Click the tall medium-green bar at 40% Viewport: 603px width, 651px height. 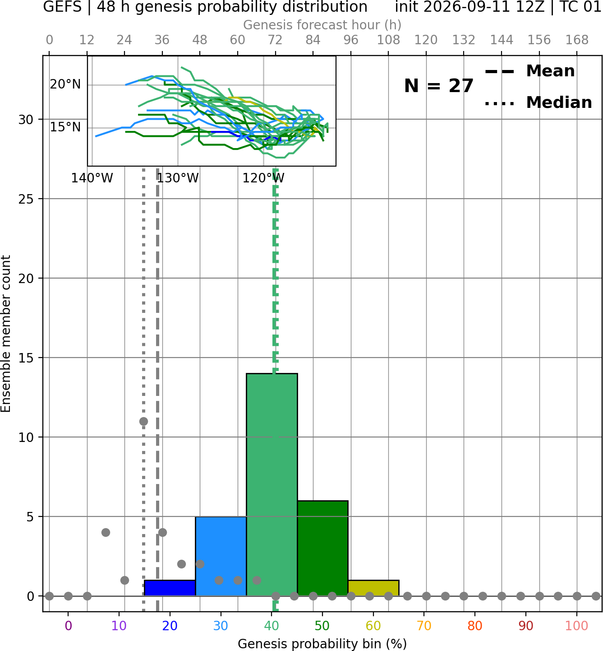(272, 484)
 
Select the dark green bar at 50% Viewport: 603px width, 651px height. (322, 548)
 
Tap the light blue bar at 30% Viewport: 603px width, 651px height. (221, 556)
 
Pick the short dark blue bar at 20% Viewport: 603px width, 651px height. (170, 588)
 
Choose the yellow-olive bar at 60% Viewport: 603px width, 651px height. (373, 588)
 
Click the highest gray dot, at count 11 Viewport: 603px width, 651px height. (143, 421)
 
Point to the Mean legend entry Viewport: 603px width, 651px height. (529, 71)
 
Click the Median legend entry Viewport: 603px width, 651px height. (538, 102)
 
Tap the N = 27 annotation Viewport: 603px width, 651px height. (438, 86)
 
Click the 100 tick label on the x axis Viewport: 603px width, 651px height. (577, 626)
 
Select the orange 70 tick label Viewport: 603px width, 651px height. (424, 626)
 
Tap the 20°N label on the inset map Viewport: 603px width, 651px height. (65, 84)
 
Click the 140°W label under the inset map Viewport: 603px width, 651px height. (92, 178)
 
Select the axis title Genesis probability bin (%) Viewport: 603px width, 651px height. (322, 643)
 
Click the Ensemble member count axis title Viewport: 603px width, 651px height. (6, 334)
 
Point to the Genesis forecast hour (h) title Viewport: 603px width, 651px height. (322, 25)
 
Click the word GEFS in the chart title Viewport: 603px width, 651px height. (62, 7)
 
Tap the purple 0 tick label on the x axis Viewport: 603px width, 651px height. (68, 626)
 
